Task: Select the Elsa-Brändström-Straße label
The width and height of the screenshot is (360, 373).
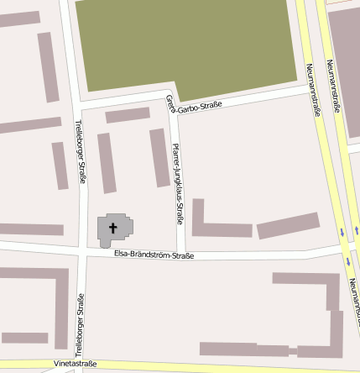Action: tap(154, 254)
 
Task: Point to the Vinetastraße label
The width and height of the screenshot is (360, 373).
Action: tap(75, 364)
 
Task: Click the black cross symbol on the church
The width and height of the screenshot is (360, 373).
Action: tap(113, 227)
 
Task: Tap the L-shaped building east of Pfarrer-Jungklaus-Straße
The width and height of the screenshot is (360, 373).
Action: tap(217, 227)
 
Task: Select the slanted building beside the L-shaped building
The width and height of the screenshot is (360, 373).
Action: tap(288, 225)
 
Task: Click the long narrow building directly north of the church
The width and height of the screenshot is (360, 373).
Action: tap(107, 162)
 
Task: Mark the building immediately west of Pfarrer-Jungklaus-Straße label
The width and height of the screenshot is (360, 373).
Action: tap(159, 157)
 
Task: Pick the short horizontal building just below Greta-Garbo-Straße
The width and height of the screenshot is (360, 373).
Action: tap(128, 115)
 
